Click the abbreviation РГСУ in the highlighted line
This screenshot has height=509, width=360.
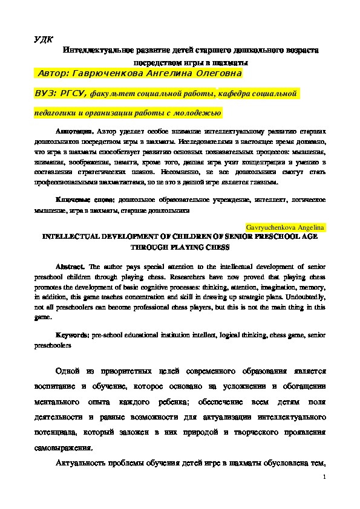pos(73,94)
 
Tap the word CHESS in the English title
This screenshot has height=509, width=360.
pos(219,247)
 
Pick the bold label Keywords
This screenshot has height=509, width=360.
pos(73,334)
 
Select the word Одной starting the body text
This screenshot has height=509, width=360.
pos(68,371)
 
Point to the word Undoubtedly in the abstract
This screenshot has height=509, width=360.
pos(306,298)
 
